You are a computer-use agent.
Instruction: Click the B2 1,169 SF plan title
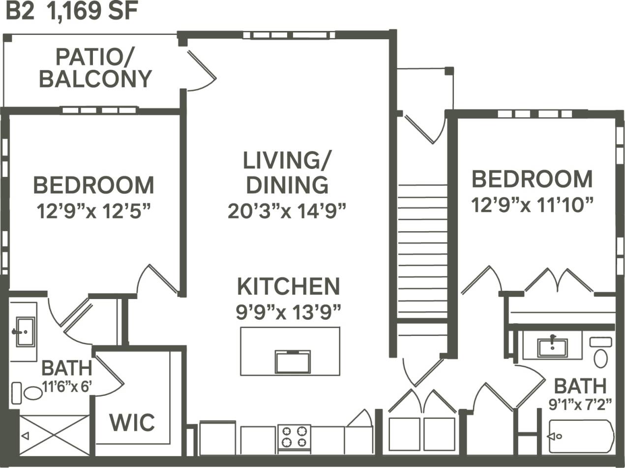[71, 11]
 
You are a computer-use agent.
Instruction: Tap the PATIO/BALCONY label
[95, 68]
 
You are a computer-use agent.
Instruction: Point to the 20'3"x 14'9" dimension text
[287, 211]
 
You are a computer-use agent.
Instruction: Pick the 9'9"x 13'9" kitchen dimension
[289, 312]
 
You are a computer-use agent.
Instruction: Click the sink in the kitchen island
[293, 362]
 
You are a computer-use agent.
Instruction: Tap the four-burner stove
[294, 437]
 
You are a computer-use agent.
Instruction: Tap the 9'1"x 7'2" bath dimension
[580, 404]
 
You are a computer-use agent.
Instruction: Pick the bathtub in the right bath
[581, 436]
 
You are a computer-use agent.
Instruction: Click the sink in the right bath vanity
[552, 347]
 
